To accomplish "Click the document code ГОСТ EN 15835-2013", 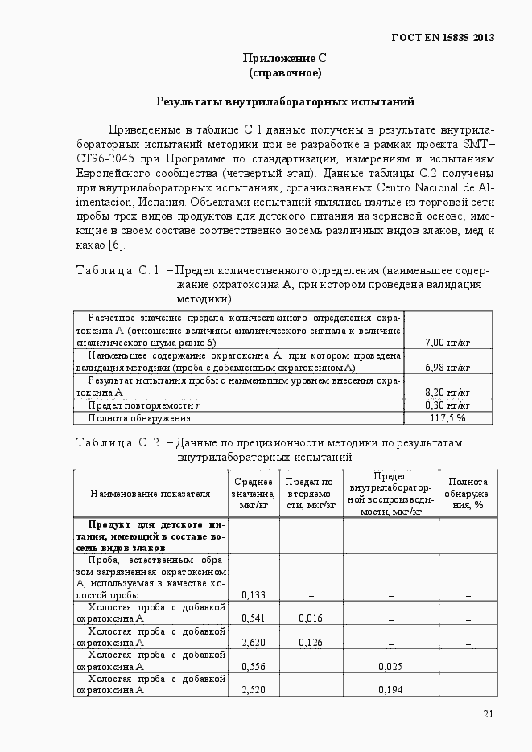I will coord(442,38).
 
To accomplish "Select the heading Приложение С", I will coord(284,58).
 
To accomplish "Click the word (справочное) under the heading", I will coord(285,73).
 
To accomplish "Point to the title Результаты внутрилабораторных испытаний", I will coord(285,102).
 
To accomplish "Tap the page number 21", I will coord(489,713).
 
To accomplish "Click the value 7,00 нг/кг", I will coord(447,343).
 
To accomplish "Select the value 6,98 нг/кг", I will coord(447,368).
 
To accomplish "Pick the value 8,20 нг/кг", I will coord(447,392).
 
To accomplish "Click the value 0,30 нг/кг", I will coord(447,405).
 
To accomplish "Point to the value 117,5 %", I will coord(448,418).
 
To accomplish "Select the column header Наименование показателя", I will coord(151,493).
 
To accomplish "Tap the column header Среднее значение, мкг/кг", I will coord(254,493).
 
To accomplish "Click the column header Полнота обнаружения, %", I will coord(468,493).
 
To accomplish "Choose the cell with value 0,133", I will coord(254,595).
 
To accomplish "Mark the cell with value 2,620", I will coord(254,643).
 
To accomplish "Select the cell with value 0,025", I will coord(390,667).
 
